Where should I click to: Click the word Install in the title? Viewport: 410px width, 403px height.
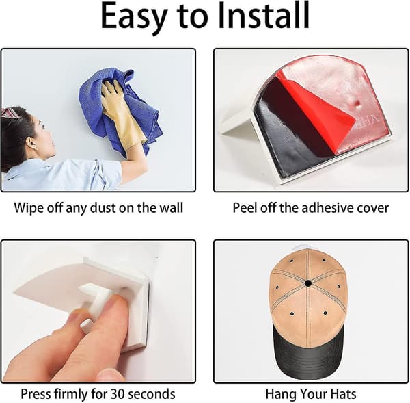(x=264, y=16)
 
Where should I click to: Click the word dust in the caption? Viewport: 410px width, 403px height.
(x=102, y=208)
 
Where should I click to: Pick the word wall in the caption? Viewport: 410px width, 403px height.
(x=172, y=208)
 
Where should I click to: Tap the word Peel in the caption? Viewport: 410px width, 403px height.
(x=244, y=208)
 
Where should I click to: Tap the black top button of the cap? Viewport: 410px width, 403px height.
(x=308, y=283)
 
